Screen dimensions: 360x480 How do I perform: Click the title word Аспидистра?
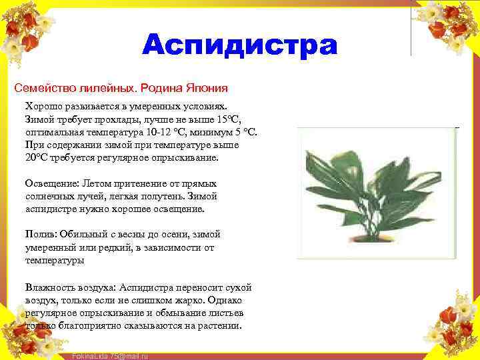(240, 45)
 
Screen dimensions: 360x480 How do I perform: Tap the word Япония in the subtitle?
(206, 87)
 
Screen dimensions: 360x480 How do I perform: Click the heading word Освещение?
(52, 183)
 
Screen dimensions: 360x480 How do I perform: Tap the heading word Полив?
(42, 235)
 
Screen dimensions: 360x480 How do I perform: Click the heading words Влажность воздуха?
(70, 287)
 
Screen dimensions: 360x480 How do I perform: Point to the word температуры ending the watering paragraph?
(55, 261)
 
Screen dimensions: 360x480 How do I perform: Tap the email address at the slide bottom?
(109, 356)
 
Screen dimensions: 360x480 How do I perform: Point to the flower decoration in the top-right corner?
(450, 23)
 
